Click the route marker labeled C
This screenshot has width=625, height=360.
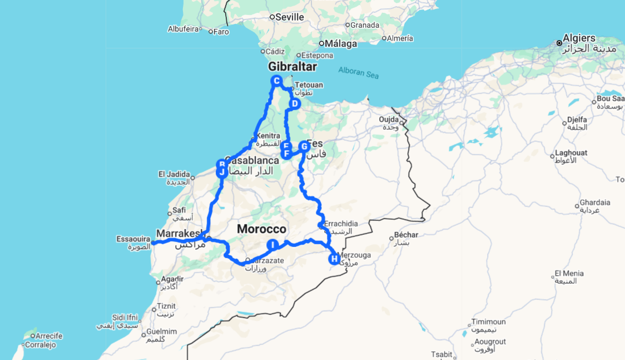(276, 81)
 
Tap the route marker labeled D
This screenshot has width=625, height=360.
(295, 103)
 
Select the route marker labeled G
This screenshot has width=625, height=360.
(304, 146)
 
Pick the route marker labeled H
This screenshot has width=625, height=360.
(334, 259)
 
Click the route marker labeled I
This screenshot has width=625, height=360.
(272, 245)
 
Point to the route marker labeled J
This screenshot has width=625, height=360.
(222, 172)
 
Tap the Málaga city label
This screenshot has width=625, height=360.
(341, 43)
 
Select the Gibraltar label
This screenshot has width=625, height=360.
(292, 67)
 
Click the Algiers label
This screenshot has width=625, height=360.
(579, 38)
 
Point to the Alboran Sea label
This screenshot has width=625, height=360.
(359, 72)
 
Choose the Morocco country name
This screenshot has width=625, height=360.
(261, 229)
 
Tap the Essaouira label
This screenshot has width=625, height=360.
(133, 239)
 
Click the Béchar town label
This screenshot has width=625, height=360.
(406, 235)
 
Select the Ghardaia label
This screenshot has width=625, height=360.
(594, 203)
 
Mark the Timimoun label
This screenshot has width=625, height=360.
(489, 322)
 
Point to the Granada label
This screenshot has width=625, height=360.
(364, 25)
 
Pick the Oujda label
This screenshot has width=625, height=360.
(389, 120)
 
